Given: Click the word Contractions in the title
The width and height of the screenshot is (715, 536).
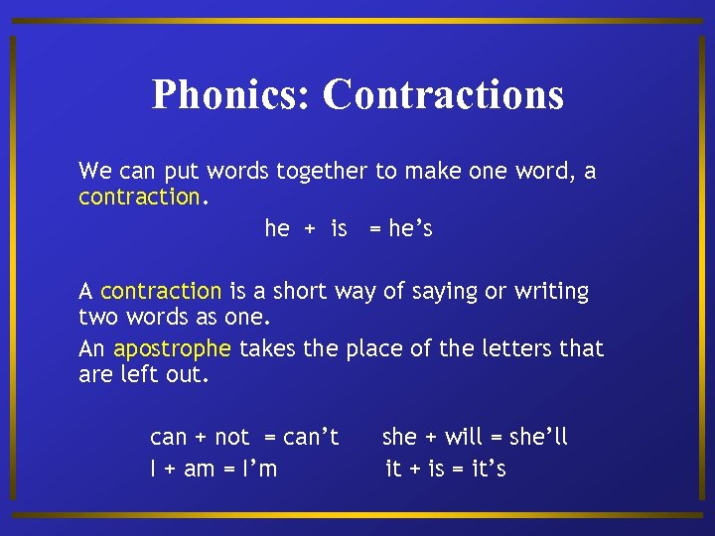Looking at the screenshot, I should [443, 95].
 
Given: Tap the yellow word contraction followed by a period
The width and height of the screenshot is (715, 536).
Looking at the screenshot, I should [140, 197].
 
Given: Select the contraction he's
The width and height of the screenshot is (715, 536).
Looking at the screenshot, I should [410, 229].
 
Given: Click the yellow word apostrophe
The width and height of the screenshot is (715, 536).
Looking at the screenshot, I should [172, 348].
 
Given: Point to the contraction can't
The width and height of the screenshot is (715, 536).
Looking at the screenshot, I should [311, 437].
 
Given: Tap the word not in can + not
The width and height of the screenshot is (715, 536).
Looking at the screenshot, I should [231, 437].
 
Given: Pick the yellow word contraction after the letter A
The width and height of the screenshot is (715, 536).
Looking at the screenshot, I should [161, 292].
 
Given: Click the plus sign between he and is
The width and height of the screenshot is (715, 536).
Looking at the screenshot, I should [310, 229].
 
